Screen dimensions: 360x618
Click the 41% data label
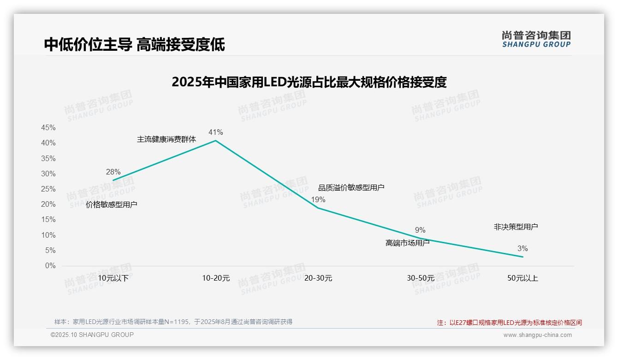(215, 132)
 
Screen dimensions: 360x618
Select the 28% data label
(113, 172)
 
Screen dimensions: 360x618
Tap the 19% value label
(318, 200)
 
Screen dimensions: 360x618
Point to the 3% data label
(523, 249)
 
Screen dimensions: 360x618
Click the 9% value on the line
(420, 230)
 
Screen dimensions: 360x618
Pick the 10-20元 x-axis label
(216, 278)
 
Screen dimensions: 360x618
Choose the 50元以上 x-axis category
(523, 278)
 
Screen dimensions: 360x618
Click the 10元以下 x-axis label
(113, 278)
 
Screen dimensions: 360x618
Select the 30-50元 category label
(420, 278)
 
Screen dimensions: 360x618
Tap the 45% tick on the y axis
(48, 128)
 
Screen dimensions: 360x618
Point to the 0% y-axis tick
(50, 266)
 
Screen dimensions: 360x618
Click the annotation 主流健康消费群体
(166, 139)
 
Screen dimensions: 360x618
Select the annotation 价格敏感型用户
(112, 204)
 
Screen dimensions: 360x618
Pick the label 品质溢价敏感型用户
(351, 187)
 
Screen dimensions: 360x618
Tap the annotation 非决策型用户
(516, 227)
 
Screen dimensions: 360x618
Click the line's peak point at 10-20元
(215, 140)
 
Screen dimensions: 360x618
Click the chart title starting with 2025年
(309, 82)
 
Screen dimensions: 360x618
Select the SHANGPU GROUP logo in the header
(536, 39)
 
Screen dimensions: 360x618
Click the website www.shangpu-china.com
(537, 335)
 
